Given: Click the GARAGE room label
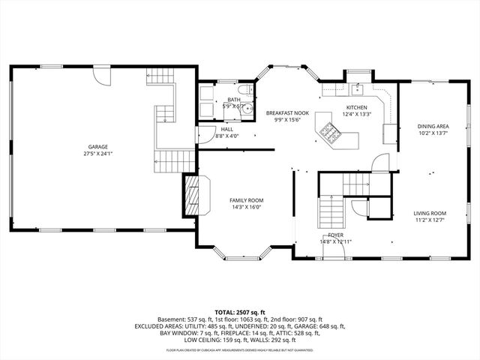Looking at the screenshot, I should [x=97, y=146].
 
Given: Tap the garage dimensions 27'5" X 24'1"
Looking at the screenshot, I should [x=97, y=153].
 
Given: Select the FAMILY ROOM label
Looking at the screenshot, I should [x=246, y=200].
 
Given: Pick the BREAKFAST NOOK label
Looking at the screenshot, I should [x=286, y=112].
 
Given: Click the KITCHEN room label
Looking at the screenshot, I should [x=355, y=107].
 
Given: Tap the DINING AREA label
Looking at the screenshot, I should [x=433, y=126].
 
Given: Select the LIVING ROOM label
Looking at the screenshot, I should [x=430, y=214].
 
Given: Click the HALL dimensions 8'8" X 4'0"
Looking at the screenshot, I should [x=226, y=136].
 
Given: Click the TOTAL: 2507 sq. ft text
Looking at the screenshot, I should [x=240, y=312].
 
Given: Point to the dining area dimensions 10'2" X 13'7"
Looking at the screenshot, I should [x=433, y=133].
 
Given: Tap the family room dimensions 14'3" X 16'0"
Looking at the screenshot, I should [x=246, y=207].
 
